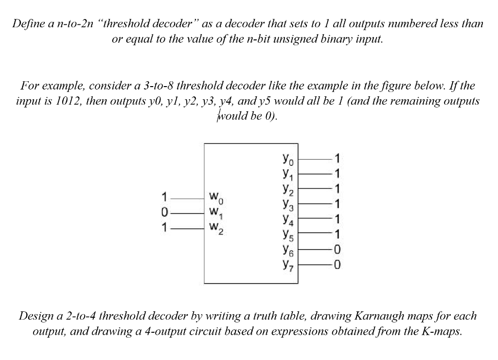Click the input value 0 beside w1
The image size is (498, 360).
click(165, 213)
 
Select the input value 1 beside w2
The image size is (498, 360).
click(165, 227)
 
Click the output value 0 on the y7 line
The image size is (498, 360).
click(338, 266)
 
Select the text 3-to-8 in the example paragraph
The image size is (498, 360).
click(158, 87)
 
